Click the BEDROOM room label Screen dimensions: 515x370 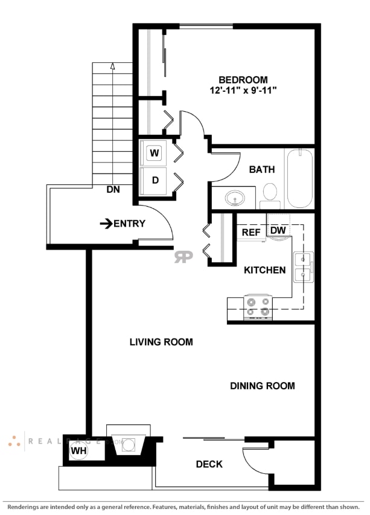243,80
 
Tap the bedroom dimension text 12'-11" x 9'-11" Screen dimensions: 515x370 243,91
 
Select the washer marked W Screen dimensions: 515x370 155,153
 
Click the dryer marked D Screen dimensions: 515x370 155,180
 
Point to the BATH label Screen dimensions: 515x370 262,170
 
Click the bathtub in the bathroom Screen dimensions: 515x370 299,178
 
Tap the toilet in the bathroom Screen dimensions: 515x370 270,192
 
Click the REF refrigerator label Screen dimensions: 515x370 251,232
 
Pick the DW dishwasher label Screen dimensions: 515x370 278,230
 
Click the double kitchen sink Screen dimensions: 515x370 303,267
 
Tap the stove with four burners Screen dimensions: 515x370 258,307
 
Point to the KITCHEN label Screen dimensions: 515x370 264,270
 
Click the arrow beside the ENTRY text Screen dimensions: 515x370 106,224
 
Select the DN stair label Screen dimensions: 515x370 113,189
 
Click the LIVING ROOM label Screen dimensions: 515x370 161,342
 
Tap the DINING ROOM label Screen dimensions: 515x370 263,386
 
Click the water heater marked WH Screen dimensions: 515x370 78,450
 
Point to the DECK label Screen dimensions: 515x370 209,464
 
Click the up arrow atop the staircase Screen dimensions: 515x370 112,66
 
